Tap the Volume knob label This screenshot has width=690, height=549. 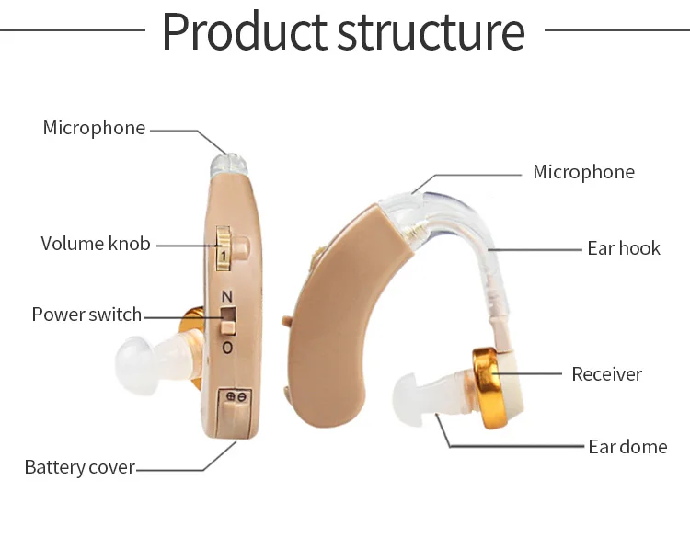pyautogui.click(x=96, y=244)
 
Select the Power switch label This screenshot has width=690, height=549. pyautogui.click(x=86, y=315)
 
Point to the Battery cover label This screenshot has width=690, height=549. pyautogui.click(x=79, y=467)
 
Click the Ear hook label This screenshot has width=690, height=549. pyautogui.click(x=624, y=248)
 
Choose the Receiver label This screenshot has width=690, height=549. pyautogui.click(x=606, y=374)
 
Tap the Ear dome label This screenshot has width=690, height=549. pyautogui.click(x=627, y=447)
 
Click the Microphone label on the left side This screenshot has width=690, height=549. pyautogui.click(x=94, y=128)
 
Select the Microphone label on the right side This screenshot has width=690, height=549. pyautogui.click(x=583, y=172)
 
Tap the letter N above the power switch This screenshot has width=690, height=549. pyautogui.click(x=226, y=297)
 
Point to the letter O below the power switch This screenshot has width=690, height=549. pyautogui.click(x=226, y=348)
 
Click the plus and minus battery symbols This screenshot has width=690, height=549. pyautogui.click(x=236, y=396)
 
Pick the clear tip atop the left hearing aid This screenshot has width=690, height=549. pyautogui.click(x=229, y=165)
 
